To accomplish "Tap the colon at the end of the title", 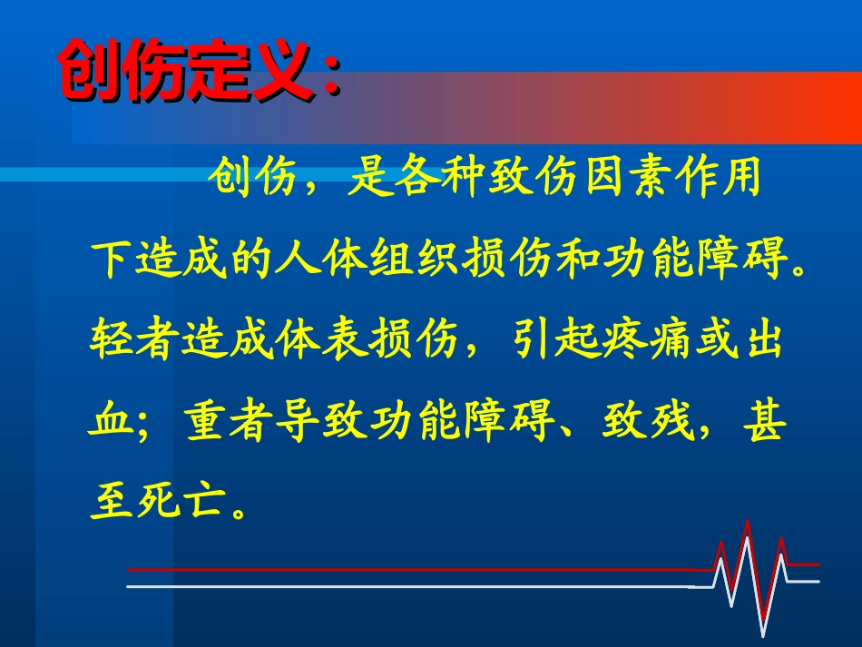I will click(x=329, y=77).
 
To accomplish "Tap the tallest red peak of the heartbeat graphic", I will click(x=747, y=524).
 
